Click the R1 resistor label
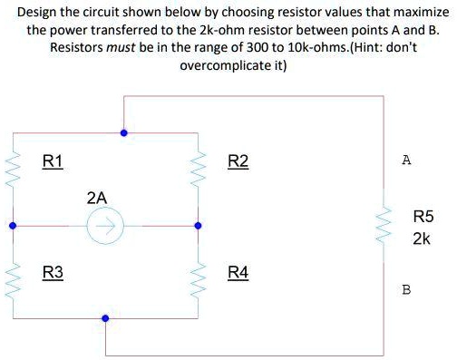click(53, 162)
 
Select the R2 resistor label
click(237, 162)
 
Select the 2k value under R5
click(422, 239)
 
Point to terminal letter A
click(405, 161)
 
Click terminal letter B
click(405, 290)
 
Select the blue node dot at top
click(124, 132)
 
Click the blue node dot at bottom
click(106, 318)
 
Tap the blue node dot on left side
click(13, 225)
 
